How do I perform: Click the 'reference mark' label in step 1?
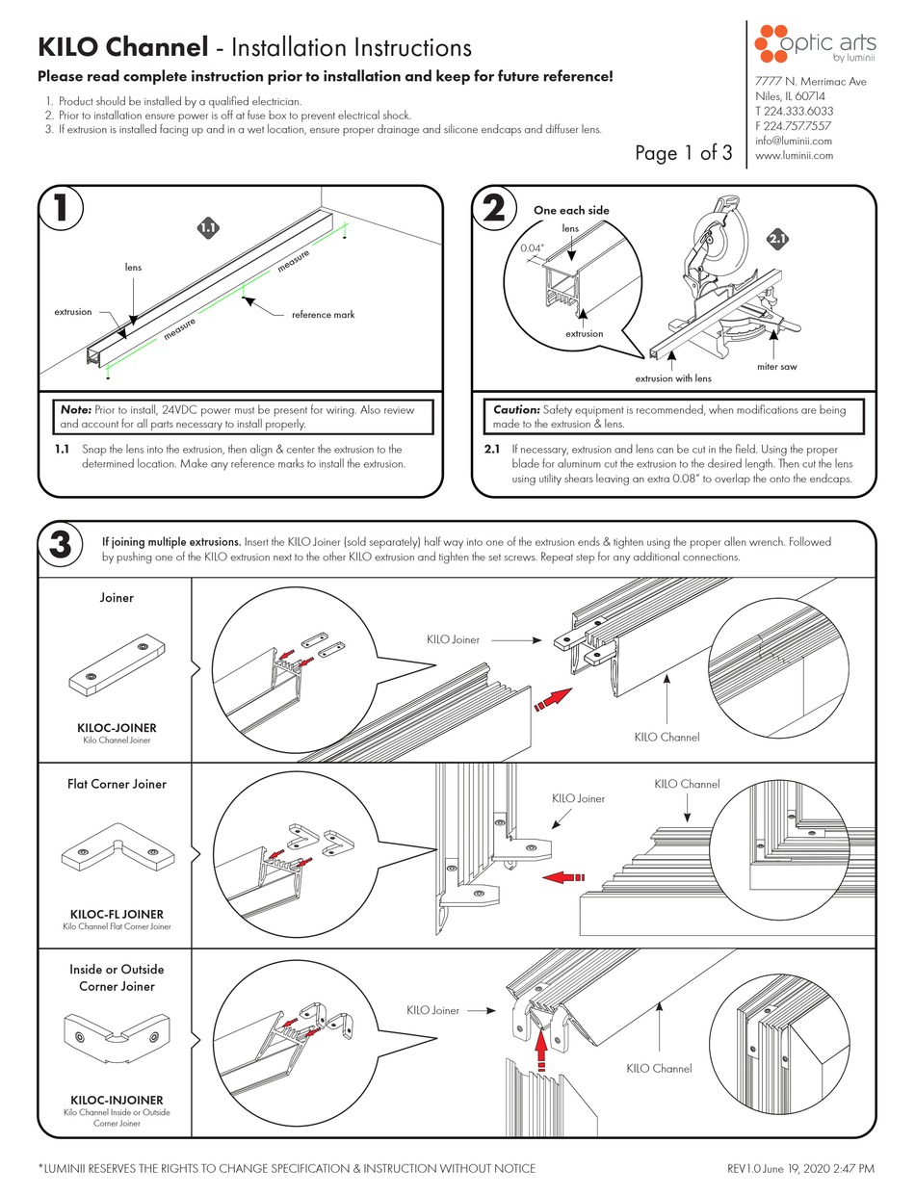coord(324,315)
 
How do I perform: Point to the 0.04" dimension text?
coord(534,247)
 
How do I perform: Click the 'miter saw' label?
coord(777,366)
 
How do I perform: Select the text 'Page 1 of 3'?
coord(684,152)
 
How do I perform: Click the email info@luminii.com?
coord(793,141)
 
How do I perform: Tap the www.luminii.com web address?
coord(795,155)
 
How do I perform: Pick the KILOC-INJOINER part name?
coord(116,1100)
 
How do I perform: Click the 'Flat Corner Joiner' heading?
coord(117,784)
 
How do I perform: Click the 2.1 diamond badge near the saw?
coord(777,238)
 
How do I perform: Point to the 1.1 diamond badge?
coord(208,227)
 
